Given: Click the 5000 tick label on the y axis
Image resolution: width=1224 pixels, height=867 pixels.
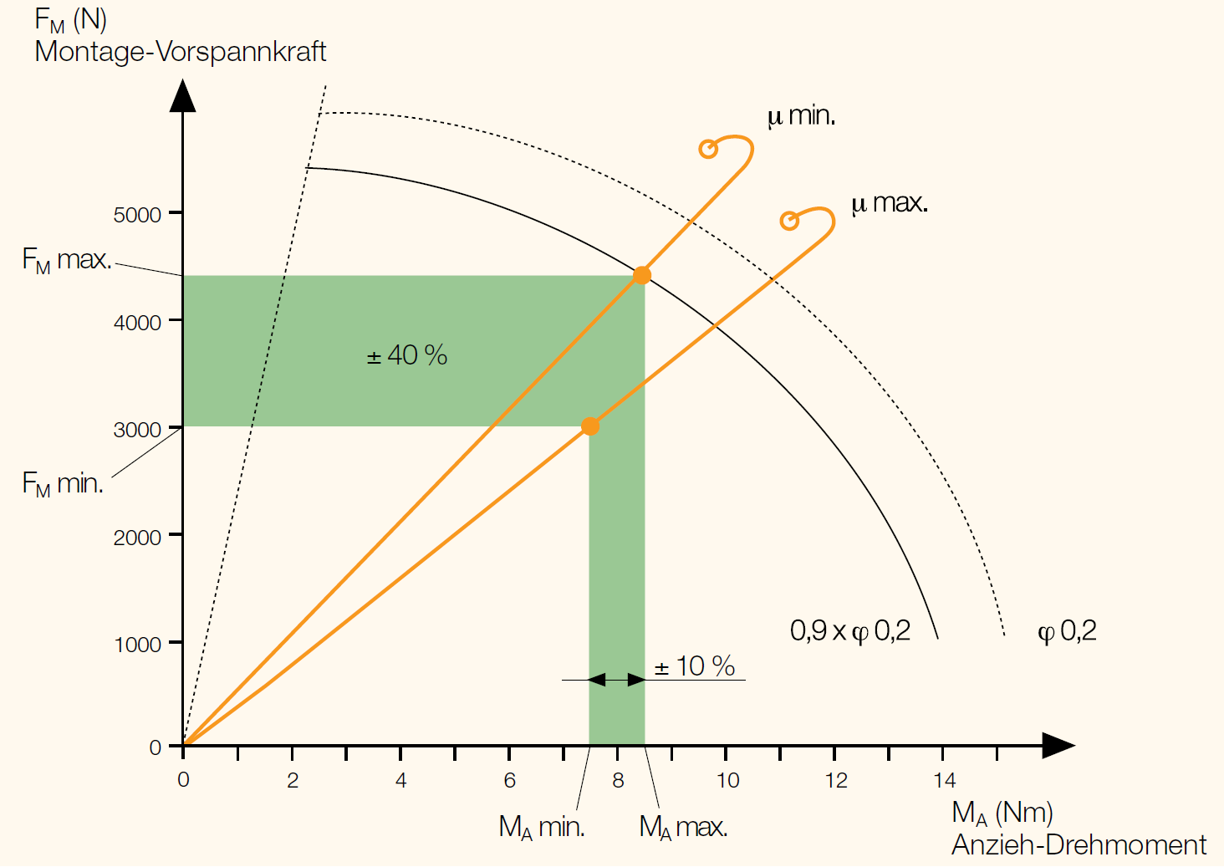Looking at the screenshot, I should pyautogui.click(x=137, y=215).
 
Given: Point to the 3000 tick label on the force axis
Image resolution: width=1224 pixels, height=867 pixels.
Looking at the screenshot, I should pyautogui.click(x=137, y=430).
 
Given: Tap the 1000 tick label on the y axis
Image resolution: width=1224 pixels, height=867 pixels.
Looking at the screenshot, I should pyautogui.click(x=137, y=645).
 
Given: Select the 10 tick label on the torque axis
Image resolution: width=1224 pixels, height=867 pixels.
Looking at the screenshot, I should pyautogui.click(x=727, y=781).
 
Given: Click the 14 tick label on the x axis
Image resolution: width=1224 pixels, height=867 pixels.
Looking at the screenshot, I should pyautogui.click(x=944, y=781).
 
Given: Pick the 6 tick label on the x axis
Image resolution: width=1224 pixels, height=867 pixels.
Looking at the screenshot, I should pyautogui.click(x=509, y=781).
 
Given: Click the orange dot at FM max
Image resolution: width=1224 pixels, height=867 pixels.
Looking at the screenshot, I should pyautogui.click(x=641, y=275).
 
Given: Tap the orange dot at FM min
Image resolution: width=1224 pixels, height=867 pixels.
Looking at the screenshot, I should pyautogui.click(x=590, y=426).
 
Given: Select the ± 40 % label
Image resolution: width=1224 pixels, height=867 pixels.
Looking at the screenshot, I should pyautogui.click(x=407, y=355).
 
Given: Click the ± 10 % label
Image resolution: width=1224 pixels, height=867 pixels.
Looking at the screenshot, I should pyautogui.click(x=695, y=666).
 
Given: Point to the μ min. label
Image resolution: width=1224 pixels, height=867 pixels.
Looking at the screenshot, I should pyautogui.click(x=801, y=115).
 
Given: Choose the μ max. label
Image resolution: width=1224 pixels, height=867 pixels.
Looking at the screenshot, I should pyautogui.click(x=889, y=203).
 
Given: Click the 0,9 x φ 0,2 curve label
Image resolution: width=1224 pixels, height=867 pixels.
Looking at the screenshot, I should pyautogui.click(x=849, y=630).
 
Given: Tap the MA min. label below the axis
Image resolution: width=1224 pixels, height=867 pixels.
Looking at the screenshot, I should pyautogui.click(x=542, y=828).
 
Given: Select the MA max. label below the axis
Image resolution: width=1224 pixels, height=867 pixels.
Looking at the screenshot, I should pyautogui.click(x=683, y=828).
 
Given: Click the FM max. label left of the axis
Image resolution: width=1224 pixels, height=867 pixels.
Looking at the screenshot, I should pyautogui.click(x=67, y=260).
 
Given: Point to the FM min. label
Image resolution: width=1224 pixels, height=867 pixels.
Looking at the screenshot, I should pyautogui.click(x=63, y=484).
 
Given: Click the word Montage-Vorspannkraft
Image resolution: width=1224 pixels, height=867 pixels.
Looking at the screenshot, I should pyautogui.click(x=181, y=52).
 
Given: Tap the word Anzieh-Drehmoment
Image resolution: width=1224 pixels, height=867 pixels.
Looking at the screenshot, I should pyautogui.click(x=1079, y=845).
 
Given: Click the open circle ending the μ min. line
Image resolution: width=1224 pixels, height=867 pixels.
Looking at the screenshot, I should pyautogui.click(x=708, y=150).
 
